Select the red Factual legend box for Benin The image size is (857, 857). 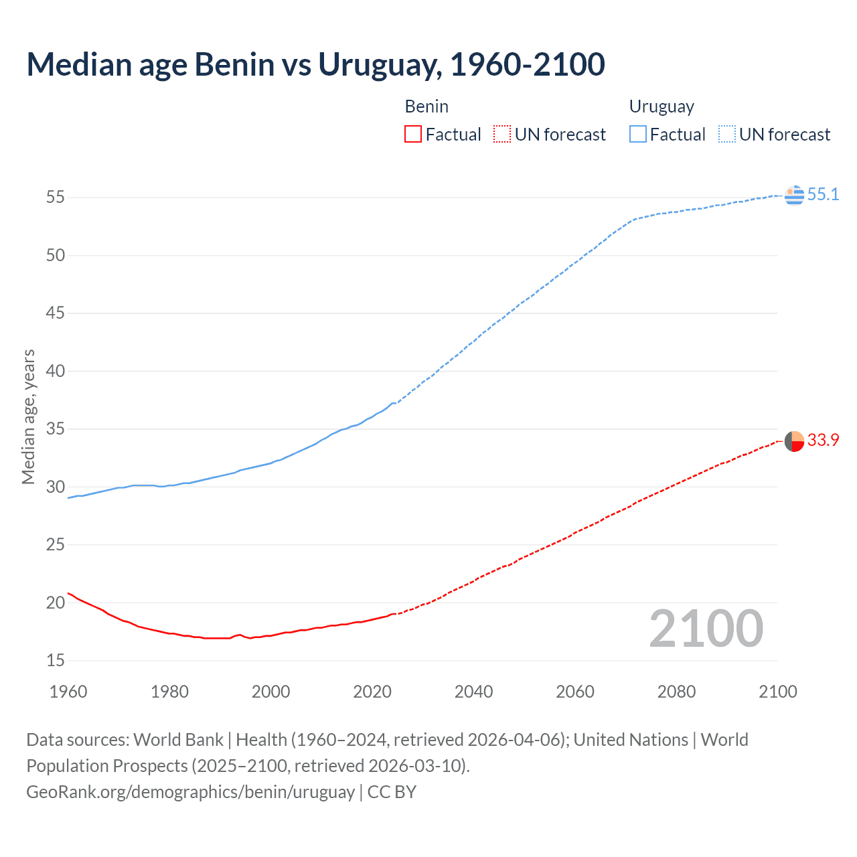tap(413, 135)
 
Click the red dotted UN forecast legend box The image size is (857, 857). tap(502, 135)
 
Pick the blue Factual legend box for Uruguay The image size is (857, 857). tap(637, 135)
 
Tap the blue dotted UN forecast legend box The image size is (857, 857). tap(726, 135)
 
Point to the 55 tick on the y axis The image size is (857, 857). tap(56, 198)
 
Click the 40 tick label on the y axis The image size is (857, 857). tap(56, 371)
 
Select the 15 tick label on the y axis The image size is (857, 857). tap(56, 661)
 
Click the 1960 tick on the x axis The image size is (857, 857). tap(68, 692)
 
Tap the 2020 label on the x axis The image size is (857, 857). tap(372, 692)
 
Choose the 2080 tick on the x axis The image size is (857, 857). tap(676, 692)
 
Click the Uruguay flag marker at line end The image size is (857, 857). tap(794, 195)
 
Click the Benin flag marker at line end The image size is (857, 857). tap(794, 442)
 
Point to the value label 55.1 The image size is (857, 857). tap(823, 195)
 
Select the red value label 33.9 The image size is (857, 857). tap(823, 441)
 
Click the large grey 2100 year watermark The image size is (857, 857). tap(706, 629)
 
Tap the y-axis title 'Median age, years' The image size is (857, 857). tap(28, 416)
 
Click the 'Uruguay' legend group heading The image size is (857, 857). tap(661, 107)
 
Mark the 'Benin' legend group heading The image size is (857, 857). tap(426, 107)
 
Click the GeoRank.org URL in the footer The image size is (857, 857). tap(190, 792)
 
